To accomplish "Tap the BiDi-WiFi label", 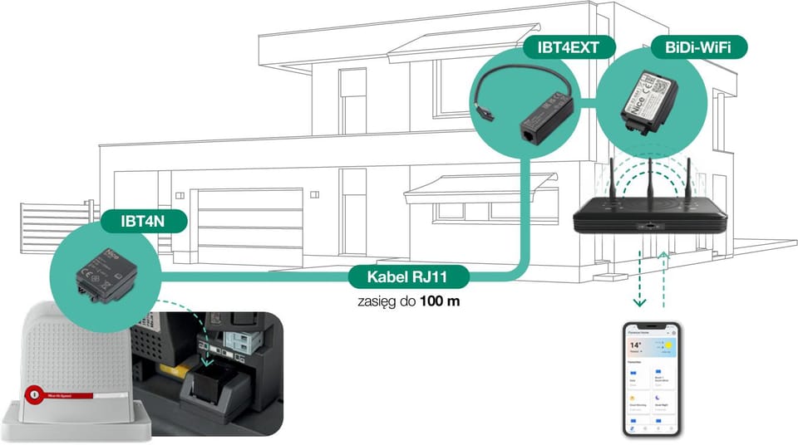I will click(699, 47).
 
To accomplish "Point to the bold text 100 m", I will click(441, 301).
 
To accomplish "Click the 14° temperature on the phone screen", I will click(636, 345).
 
